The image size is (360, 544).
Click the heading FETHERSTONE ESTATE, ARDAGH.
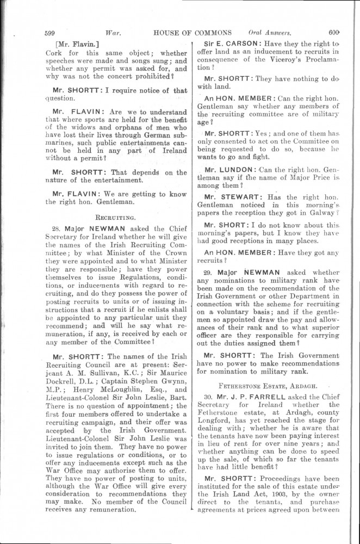click(x=269, y=384)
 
